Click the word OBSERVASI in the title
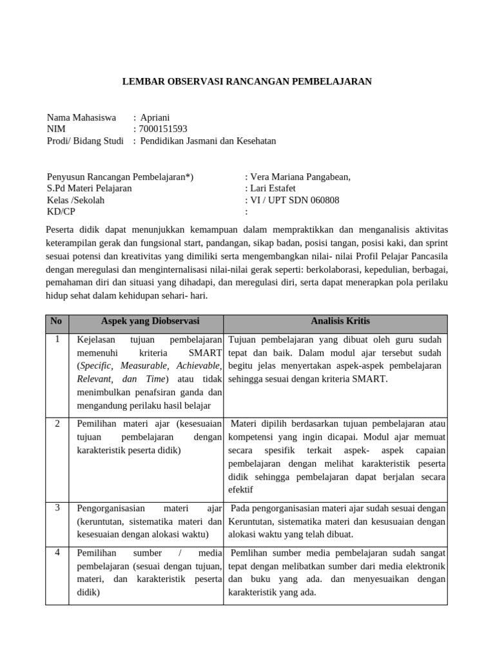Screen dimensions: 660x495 (187, 82)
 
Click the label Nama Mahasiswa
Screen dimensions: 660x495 (81, 117)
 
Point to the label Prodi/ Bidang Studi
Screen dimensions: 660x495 (85, 141)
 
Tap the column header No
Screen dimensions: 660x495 (57, 322)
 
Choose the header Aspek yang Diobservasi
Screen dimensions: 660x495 (150, 321)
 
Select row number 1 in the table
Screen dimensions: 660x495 (57, 339)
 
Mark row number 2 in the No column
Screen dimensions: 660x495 (57, 423)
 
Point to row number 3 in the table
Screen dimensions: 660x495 (57, 508)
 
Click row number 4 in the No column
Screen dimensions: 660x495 (57, 552)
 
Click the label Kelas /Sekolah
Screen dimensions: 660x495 (76, 200)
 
